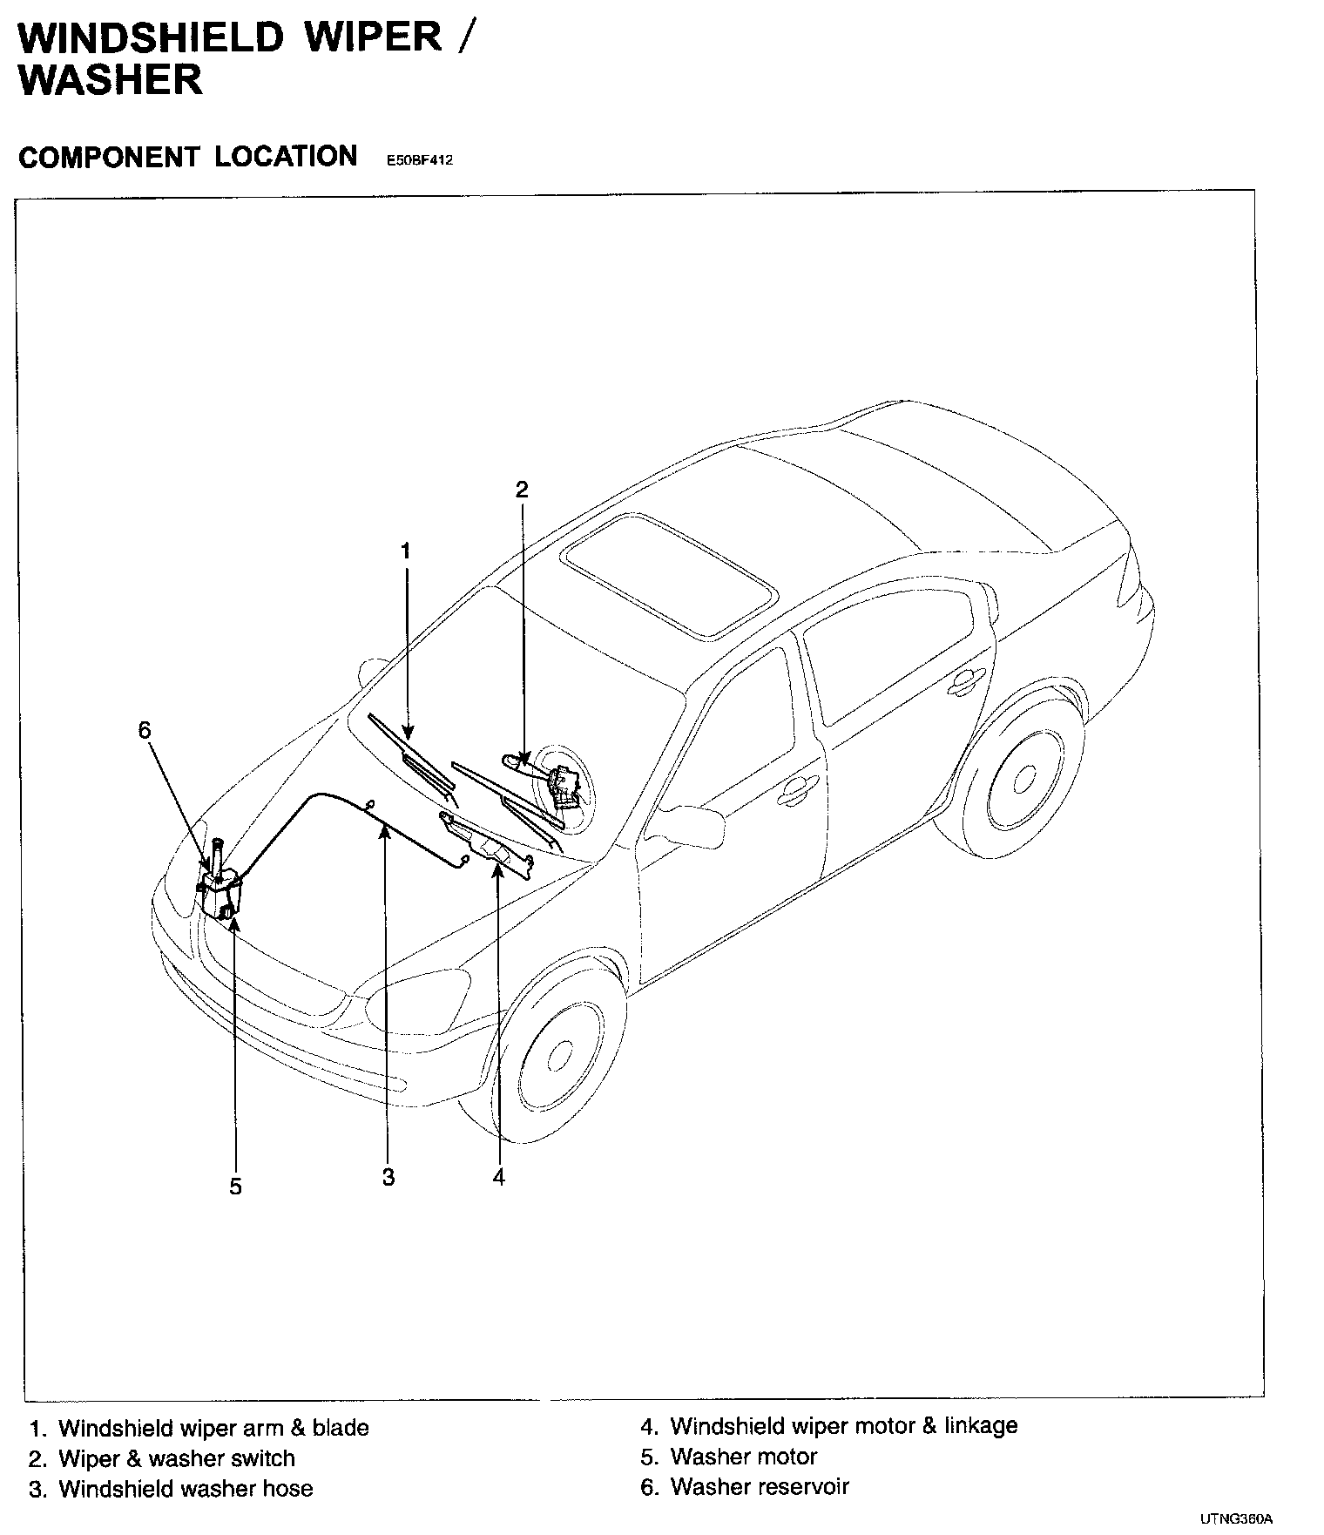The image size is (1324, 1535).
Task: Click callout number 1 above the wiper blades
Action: (405, 551)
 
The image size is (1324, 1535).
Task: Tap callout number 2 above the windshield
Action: (522, 490)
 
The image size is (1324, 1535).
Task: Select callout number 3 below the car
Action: (388, 1178)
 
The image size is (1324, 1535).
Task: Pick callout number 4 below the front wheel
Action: (498, 1178)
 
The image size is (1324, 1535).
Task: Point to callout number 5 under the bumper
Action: (235, 1187)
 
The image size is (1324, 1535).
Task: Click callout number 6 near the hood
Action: (145, 730)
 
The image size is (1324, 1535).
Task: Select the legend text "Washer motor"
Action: (743, 1457)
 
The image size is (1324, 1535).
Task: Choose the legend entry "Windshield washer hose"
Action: (185, 1489)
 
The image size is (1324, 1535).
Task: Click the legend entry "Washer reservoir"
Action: (759, 1486)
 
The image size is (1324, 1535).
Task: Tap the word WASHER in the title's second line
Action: (111, 79)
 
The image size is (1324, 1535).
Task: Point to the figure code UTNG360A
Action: (1236, 1519)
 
